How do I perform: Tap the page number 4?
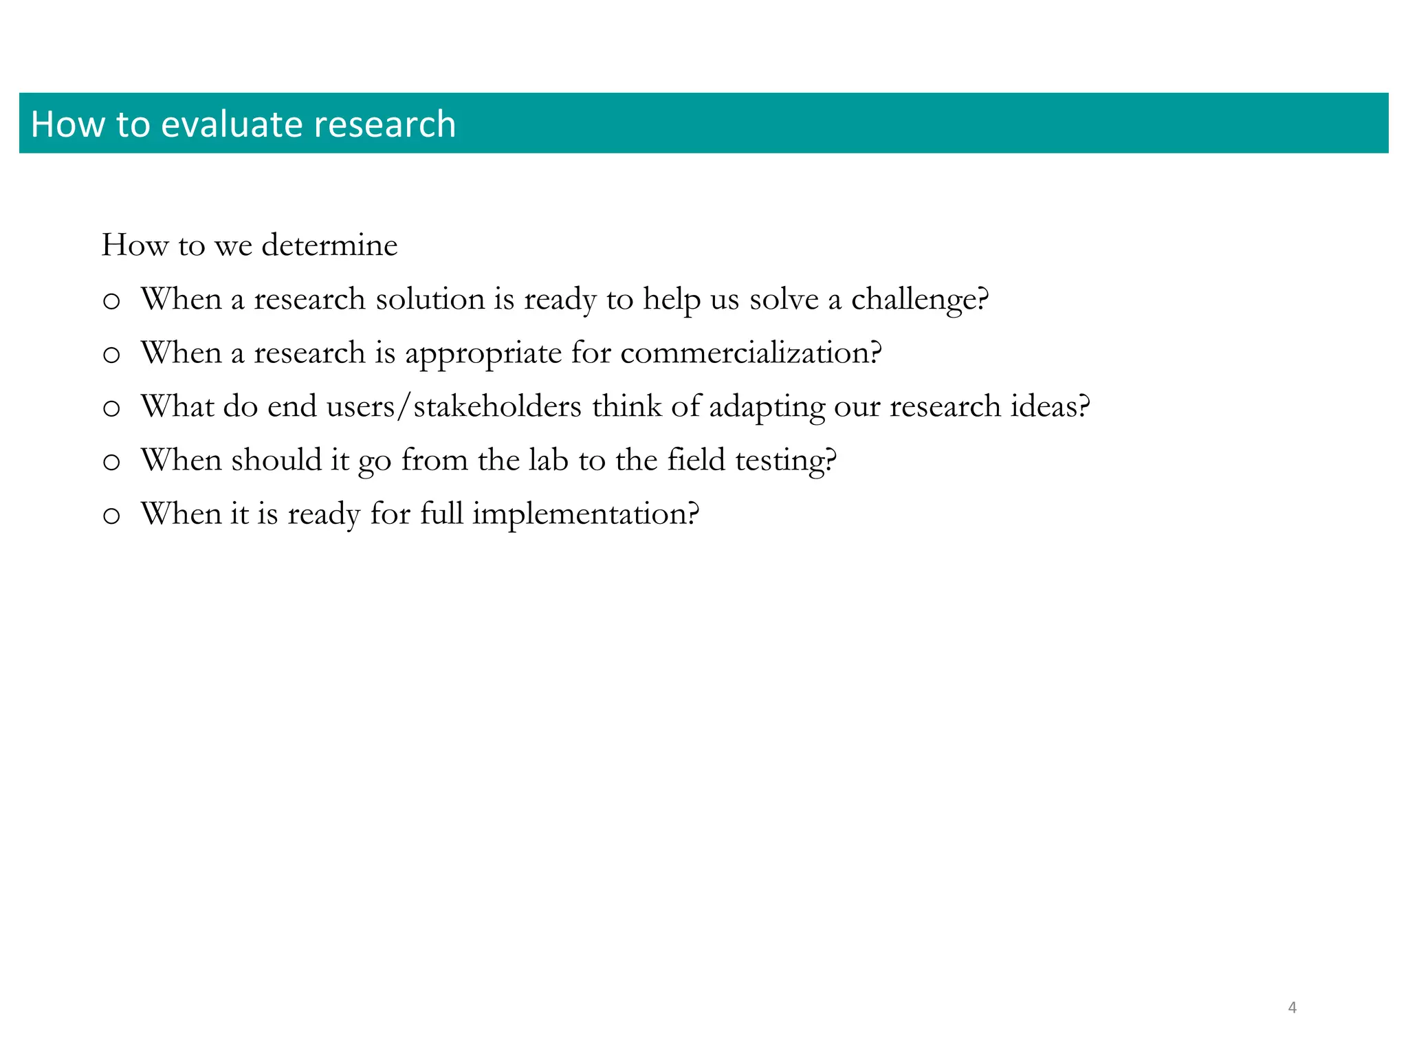[1292, 1008]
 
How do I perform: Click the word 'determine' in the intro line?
[329, 245]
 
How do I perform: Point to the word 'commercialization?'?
[751, 353]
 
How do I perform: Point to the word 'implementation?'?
[586, 514]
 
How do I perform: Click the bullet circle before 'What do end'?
[111, 409]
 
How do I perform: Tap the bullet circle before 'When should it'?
[111, 463]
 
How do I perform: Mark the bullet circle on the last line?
[111, 516]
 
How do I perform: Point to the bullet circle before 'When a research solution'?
[111, 302]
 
